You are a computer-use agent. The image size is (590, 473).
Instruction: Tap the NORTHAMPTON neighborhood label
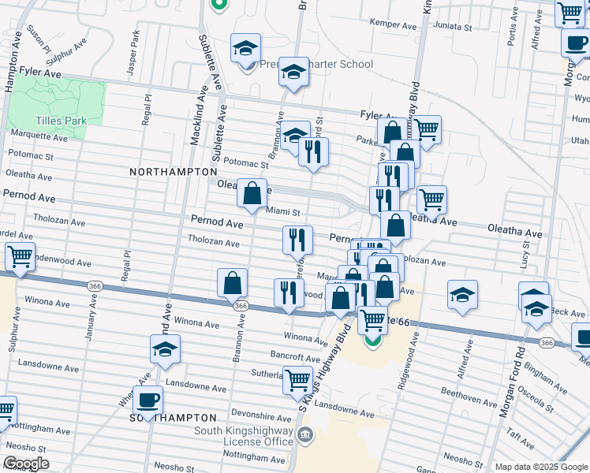coord(174,171)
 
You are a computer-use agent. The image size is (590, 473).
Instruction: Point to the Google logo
coord(25,464)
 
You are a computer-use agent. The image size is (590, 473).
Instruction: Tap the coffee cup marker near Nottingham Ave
coord(148,400)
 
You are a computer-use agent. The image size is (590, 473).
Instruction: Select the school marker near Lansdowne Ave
coord(165,349)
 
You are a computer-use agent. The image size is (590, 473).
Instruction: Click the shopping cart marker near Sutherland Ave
coord(297,381)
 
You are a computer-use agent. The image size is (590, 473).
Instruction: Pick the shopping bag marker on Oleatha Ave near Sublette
coord(252,193)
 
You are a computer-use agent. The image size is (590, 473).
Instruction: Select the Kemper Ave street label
coord(398,26)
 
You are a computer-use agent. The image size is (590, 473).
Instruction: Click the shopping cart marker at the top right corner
coord(569,13)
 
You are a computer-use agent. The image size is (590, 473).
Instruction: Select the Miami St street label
coord(284,211)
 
